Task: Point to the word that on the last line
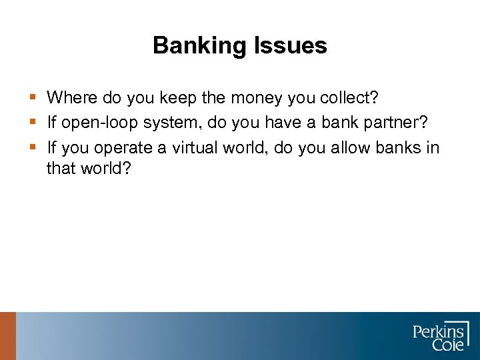[61, 168]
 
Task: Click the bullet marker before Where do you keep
[33, 99]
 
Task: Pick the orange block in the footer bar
[7, 336]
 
